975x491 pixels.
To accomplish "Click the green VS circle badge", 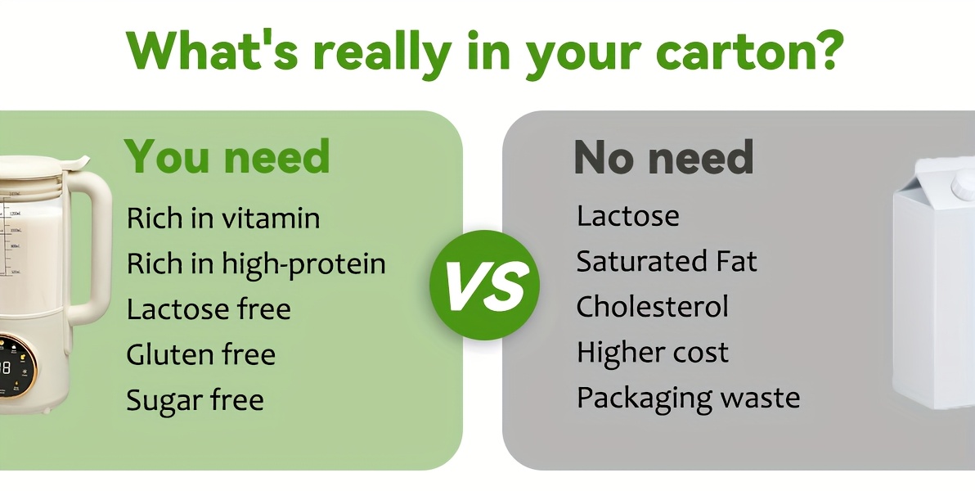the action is [x=484, y=285].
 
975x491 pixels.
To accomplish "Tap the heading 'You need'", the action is [x=227, y=156].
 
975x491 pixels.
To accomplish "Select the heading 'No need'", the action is [x=663, y=157].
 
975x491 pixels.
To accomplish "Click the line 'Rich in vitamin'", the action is [x=223, y=218].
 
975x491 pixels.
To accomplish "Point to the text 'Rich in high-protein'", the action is [x=256, y=264].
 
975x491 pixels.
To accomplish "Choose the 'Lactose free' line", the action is [x=209, y=309].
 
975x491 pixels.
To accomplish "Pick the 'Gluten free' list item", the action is [x=201, y=354].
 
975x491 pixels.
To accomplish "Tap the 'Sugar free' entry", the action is [x=195, y=400].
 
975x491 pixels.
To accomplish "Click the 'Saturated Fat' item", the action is [x=667, y=261].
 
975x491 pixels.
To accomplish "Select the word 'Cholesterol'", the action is [x=652, y=307].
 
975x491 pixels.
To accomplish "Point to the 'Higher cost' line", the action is [x=652, y=353].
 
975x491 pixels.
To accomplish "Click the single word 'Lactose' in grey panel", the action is [x=628, y=216].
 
